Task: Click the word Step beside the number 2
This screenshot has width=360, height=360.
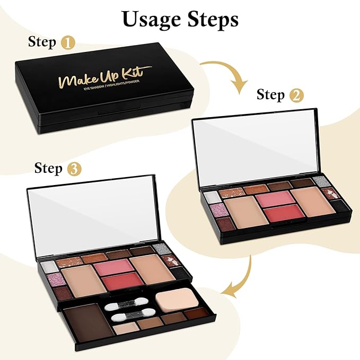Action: [271, 95]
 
